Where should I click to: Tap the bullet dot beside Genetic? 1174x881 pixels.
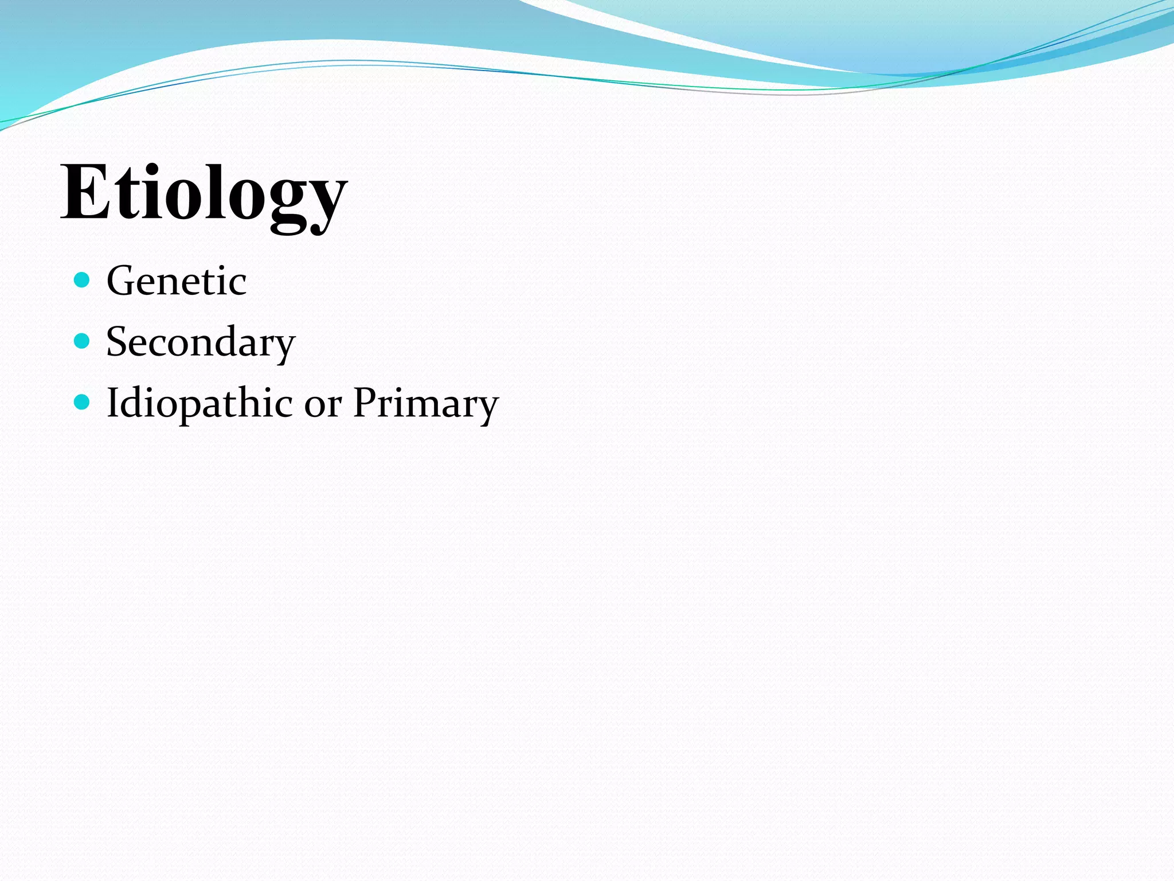pyautogui.click(x=83, y=280)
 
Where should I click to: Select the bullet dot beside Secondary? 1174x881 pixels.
pyautogui.click(x=83, y=341)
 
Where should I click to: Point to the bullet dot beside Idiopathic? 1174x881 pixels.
pyautogui.click(x=83, y=402)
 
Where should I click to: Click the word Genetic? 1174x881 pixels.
pyautogui.click(x=177, y=281)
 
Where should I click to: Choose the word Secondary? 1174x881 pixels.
pyautogui.click(x=201, y=342)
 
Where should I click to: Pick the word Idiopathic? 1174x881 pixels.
pyautogui.click(x=199, y=404)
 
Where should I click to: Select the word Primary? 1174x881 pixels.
pyautogui.click(x=425, y=404)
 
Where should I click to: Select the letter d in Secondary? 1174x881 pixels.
pyautogui.click(x=232, y=341)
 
